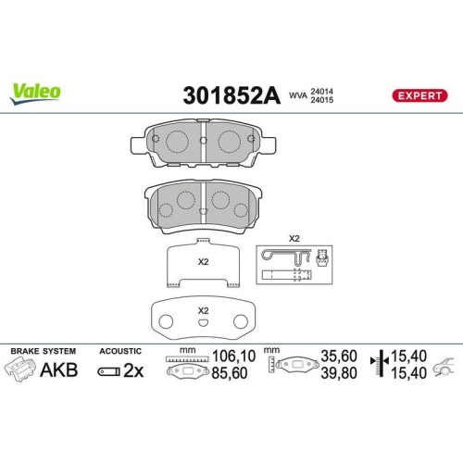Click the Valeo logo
coord(36,91)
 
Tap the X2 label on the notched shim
coord(203,260)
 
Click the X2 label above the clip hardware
coord(294,239)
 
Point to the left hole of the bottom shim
coord(169,322)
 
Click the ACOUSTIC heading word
coord(119,352)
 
